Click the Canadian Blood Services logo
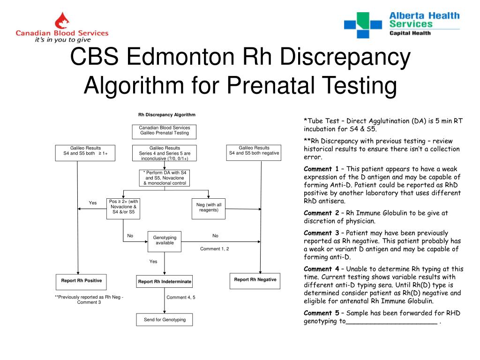[x=62, y=28]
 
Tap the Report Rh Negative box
[x=255, y=280]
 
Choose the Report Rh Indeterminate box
[x=164, y=282]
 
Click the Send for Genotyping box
[x=164, y=320]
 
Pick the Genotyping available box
[x=164, y=241]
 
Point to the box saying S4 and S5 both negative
[x=254, y=152]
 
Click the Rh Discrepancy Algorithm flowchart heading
[x=166, y=115]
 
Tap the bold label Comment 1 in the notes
[x=321, y=169]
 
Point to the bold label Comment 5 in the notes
[x=321, y=313]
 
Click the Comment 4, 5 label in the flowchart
[x=180, y=297]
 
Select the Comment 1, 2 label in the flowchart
[x=214, y=249]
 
